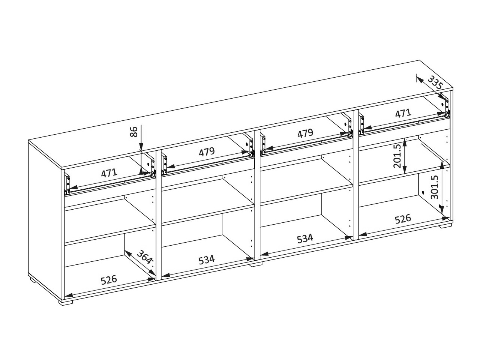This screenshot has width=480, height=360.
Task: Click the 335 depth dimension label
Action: (x=435, y=82)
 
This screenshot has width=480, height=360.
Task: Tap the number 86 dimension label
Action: (x=134, y=132)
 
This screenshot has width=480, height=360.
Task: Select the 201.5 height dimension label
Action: (x=397, y=156)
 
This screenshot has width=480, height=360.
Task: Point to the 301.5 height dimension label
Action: (x=435, y=187)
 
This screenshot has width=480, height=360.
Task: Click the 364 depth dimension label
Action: (x=144, y=256)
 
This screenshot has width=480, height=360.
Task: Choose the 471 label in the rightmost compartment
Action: (x=403, y=114)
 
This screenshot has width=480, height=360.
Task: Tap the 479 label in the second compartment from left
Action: (x=207, y=151)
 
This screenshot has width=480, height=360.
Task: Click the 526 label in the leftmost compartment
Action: (x=109, y=280)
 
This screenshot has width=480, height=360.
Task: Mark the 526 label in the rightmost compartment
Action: (x=403, y=219)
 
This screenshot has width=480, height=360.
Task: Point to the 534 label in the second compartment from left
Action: (x=207, y=259)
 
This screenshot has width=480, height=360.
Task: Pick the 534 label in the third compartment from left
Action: (x=305, y=238)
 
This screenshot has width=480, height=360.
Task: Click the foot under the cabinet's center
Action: (x=256, y=265)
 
